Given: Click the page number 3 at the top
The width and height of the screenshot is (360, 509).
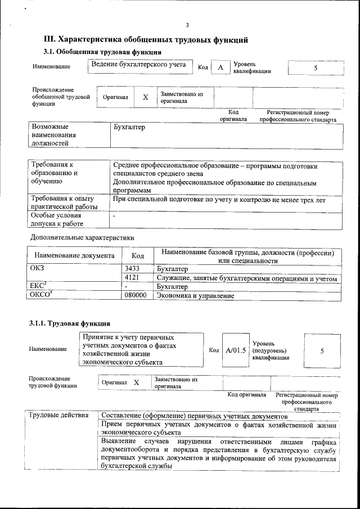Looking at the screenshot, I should tap(187, 24).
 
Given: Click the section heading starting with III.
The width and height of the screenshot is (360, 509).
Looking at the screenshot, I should tap(146, 40).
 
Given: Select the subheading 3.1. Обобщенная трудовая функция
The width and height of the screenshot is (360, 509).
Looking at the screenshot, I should tap(98, 52).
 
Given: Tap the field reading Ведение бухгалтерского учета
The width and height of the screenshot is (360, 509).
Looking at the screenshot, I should tap(138, 65).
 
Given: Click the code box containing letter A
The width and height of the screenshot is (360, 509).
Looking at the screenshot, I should tap(220, 67).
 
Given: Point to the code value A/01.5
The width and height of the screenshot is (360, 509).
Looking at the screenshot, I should tap(236, 350).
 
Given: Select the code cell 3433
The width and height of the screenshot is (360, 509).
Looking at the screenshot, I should tap(132, 269).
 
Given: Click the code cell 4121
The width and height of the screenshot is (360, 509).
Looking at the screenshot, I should tap(132, 278).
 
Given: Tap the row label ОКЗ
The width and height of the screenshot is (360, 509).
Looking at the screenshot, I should tap(37, 268).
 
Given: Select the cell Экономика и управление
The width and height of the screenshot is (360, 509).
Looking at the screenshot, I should tap(195, 295).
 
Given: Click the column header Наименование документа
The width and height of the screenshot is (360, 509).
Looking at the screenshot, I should tap(74, 256).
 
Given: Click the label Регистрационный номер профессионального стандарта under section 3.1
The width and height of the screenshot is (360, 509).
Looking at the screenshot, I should tap(301, 116).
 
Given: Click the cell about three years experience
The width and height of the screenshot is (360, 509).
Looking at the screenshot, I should tap(219, 200).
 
